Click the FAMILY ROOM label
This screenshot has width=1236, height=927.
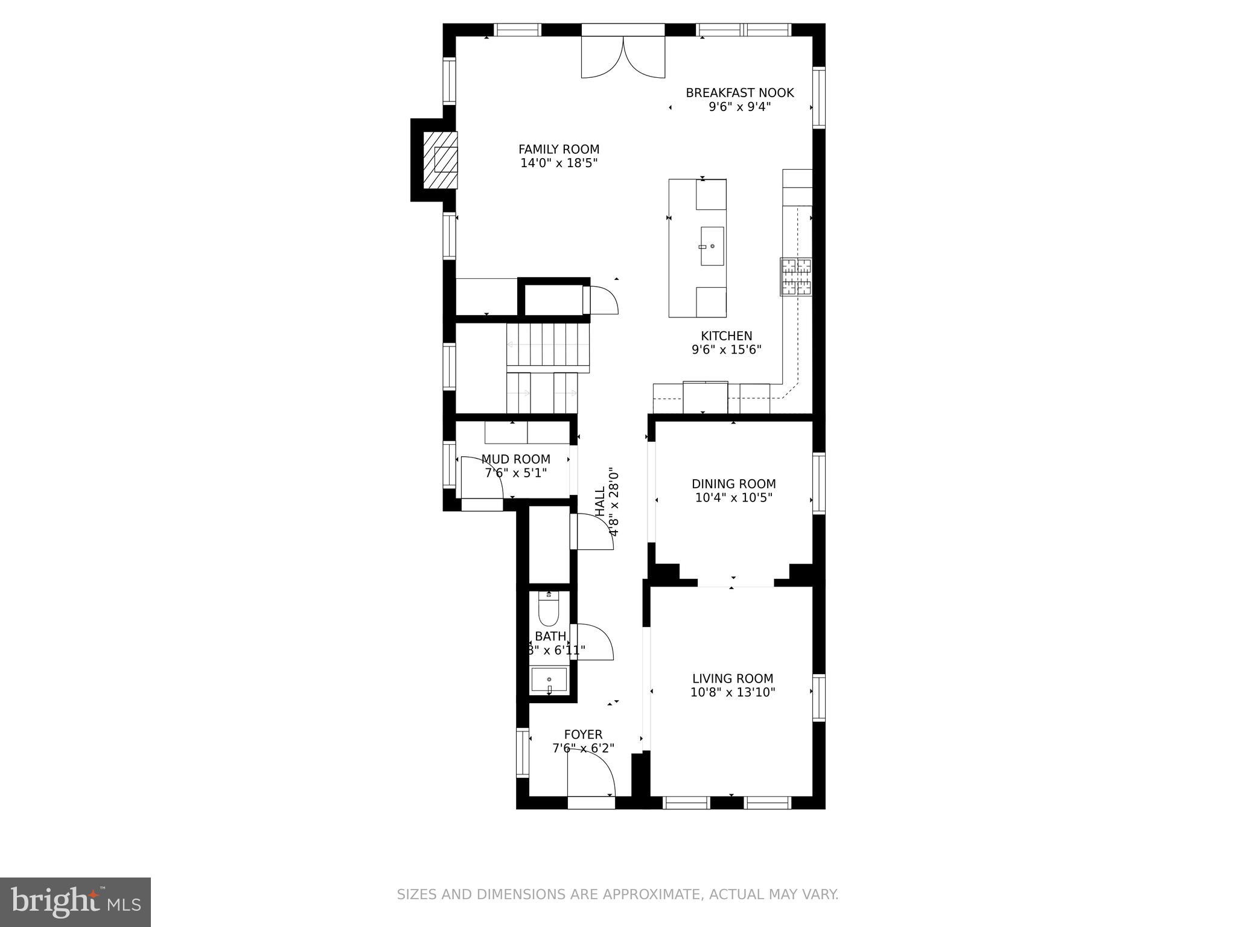click(559, 150)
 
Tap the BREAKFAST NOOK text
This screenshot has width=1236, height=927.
click(739, 93)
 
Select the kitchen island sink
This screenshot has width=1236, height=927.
click(712, 246)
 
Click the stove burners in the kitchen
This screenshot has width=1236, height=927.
click(795, 276)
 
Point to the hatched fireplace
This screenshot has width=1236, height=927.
click(439, 160)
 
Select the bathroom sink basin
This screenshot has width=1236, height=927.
click(549, 680)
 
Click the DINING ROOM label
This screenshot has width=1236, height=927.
click(733, 484)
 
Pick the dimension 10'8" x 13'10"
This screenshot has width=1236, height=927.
click(733, 692)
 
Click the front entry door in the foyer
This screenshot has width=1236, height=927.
click(590, 776)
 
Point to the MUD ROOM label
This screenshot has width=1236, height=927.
click(515, 459)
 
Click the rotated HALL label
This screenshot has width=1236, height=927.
click(600, 502)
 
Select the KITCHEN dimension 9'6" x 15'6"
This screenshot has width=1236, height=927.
click(726, 349)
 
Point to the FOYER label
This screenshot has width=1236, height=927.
click(583, 734)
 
